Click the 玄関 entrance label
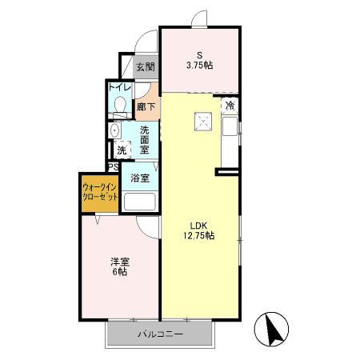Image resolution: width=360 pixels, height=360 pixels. tap(145, 68)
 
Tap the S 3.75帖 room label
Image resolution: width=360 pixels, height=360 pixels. tap(200, 59)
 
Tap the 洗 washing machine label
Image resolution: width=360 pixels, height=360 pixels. tap(121, 150)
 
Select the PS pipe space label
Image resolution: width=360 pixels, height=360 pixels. tap(114, 167)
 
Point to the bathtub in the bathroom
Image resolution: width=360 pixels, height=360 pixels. tap(140, 201)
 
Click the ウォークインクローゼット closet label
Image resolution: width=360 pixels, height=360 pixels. tap(100, 193)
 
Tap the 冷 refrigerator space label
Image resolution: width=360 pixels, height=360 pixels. tap(230, 105)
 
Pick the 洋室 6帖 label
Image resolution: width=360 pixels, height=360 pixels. tap(119, 266)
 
